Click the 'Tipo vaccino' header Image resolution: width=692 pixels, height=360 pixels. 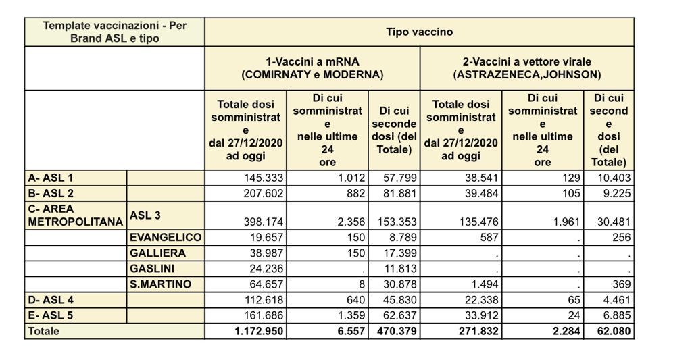click(419, 32)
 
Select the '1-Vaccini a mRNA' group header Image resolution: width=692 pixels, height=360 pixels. click(312, 68)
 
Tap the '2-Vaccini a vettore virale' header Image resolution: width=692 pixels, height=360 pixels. click(527, 68)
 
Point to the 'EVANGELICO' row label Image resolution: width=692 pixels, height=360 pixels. click(166, 238)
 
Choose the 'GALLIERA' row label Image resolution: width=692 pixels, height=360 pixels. click(157, 253)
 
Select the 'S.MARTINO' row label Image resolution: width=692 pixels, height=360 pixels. click(160, 284)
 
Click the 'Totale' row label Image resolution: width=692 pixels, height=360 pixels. click(43, 332)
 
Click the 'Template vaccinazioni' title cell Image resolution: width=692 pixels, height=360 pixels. click(115, 32)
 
